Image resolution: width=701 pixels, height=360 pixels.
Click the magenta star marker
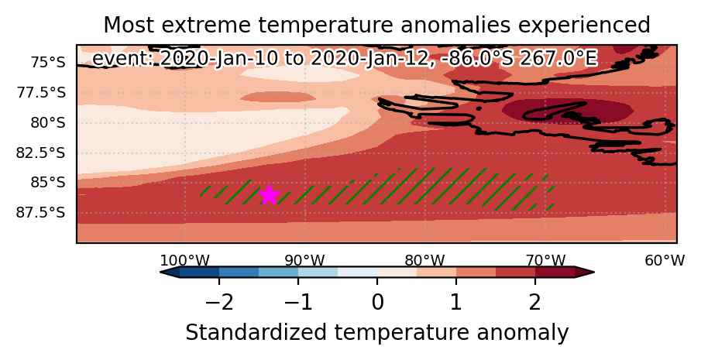click(269, 195)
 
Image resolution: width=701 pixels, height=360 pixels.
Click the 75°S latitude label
click(48, 63)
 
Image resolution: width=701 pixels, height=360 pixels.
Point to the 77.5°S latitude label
click(41, 93)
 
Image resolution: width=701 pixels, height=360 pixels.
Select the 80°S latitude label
click(48, 123)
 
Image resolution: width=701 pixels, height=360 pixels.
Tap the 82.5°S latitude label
click(41, 153)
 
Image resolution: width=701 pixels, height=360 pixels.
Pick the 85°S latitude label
click(48, 183)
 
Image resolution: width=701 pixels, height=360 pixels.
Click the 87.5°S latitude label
click(41, 213)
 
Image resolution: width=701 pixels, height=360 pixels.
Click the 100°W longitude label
click(184, 261)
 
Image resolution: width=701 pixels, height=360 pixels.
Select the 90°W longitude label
click(304, 261)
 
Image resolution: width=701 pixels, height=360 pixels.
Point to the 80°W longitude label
click(424, 261)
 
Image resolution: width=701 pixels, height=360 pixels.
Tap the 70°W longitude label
click(545, 261)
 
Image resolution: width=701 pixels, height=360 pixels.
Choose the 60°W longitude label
click(665, 261)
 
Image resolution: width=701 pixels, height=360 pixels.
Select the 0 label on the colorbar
click(377, 303)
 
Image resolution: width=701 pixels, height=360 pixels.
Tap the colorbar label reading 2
click(535, 303)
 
